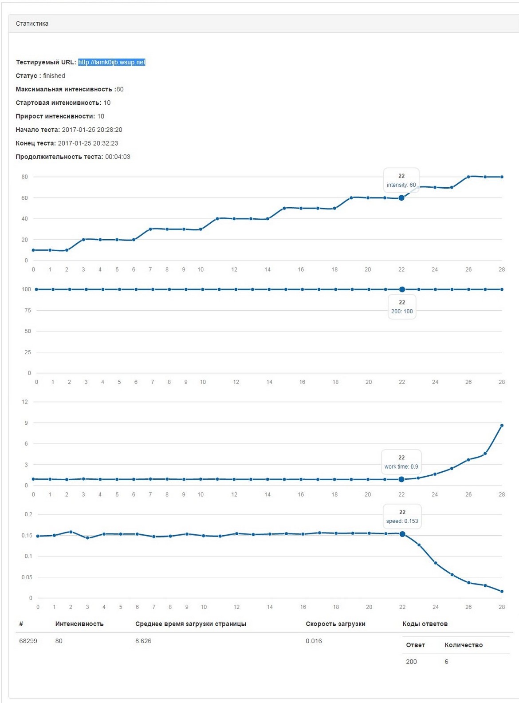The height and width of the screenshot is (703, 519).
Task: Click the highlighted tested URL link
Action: click(111, 62)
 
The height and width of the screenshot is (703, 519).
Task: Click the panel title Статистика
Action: click(32, 24)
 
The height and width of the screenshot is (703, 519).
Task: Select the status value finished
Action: click(54, 76)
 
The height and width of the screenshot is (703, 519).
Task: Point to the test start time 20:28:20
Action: click(92, 130)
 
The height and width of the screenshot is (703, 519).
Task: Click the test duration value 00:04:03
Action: click(118, 157)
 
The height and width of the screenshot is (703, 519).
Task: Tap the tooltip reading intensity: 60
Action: click(401, 181)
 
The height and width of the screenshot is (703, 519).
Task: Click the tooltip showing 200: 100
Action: click(402, 307)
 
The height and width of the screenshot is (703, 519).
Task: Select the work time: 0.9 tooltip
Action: click(401, 462)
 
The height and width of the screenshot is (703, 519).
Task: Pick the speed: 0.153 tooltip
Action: click(402, 517)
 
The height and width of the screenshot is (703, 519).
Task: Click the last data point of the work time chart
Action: click(502, 426)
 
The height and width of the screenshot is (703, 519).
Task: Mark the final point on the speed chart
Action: click(502, 591)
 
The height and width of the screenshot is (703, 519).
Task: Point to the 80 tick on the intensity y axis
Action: click(24, 177)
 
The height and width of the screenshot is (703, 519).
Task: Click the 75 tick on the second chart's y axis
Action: click(28, 310)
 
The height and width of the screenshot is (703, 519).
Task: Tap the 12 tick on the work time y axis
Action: click(25, 402)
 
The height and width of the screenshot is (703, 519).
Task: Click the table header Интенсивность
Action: click(79, 624)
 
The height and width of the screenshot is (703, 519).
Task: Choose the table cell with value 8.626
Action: click(143, 641)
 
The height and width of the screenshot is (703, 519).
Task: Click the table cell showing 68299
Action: click(28, 641)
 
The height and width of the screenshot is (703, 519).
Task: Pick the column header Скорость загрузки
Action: click(335, 624)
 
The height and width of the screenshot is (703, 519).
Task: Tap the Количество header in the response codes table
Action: click(464, 645)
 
